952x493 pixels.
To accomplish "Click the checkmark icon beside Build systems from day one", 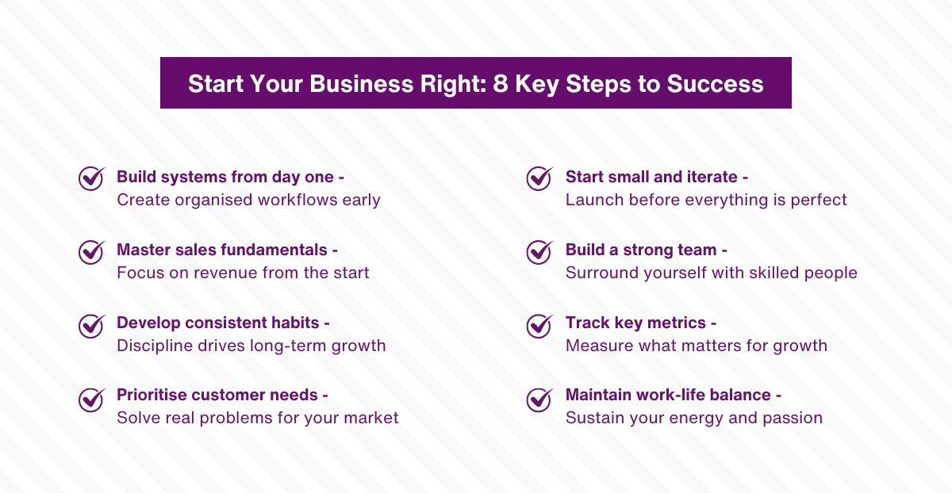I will tap(91, 178).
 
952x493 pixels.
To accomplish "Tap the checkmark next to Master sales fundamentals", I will tap(91, 251).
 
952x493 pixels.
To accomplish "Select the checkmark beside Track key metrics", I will tap(539, 325).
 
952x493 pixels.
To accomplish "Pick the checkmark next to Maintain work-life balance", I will tap(539, 398).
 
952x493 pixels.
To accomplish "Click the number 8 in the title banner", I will tap(501, 84).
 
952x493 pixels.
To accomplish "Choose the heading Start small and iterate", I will tap(656, 177).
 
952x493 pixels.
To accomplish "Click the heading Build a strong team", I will tap(646, 250).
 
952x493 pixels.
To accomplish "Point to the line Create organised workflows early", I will tap(248, 200).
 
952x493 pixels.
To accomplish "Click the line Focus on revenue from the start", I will tap(243, 273).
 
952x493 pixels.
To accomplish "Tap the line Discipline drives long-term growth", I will tap(251, 346).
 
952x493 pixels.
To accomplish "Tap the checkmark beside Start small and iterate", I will tap(539, 178).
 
